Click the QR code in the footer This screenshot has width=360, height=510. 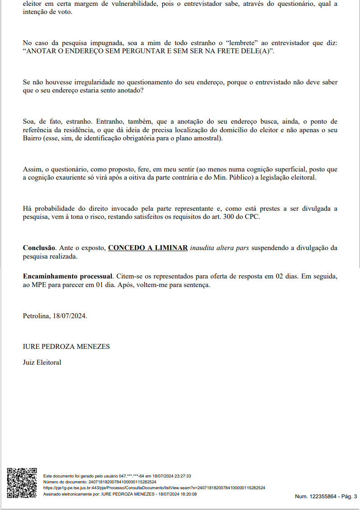coord(22,483)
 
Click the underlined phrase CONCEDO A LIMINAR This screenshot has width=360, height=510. coord(148,248)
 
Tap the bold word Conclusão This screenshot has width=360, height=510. coord(39,248)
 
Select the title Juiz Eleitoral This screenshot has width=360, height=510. coord(42,362)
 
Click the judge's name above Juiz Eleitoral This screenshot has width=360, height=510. coord(66,347)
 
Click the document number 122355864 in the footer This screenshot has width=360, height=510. coord(323,496)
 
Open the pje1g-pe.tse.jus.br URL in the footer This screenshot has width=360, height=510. coord(154,488)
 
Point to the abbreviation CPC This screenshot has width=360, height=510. coord(254,217)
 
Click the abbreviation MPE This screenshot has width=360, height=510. coord(40,285)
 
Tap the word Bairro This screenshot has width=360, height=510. coord(32,138)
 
